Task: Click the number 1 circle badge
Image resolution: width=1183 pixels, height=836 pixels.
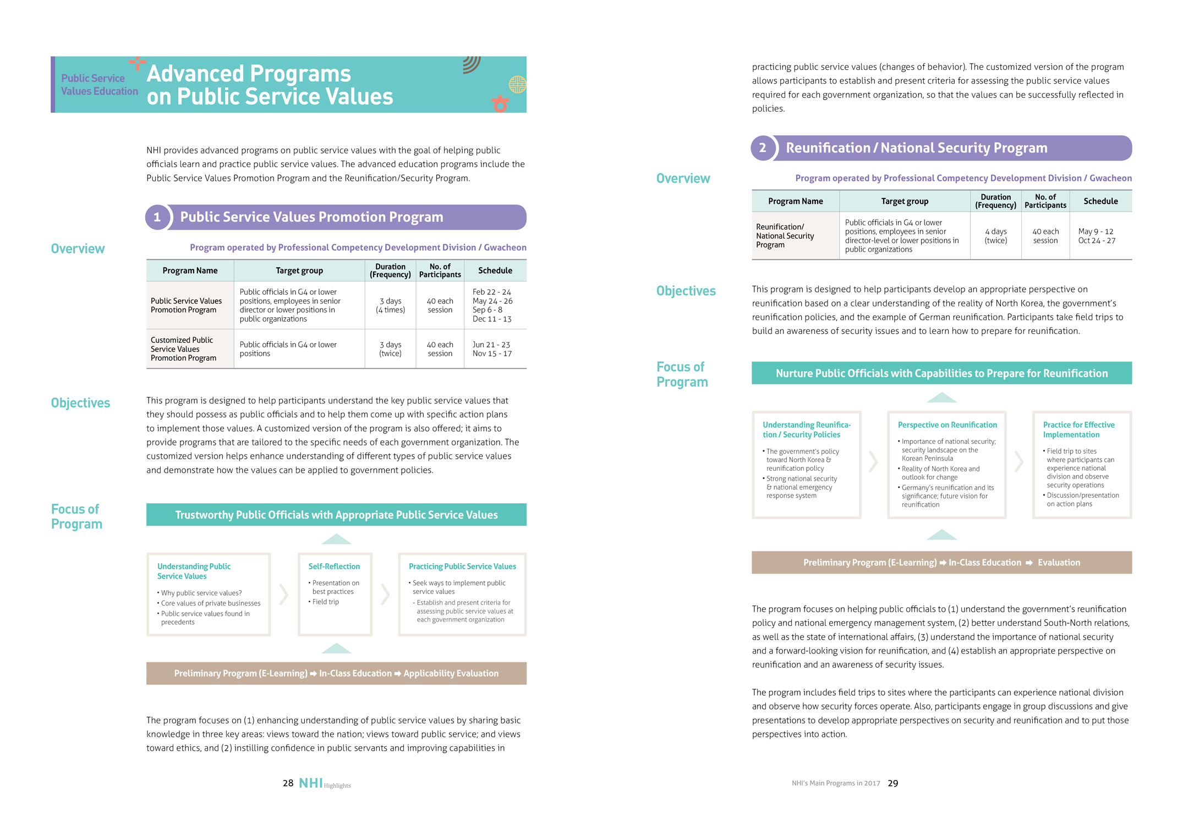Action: [157, 217]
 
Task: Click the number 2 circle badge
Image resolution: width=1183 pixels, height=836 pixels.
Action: [763, 148]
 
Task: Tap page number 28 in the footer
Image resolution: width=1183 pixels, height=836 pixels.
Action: [288, 783]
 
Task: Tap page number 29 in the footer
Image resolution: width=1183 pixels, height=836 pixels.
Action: [892, 783]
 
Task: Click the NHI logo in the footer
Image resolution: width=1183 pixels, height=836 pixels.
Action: [311, 783]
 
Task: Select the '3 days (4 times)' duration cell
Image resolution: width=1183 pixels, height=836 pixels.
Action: [390, 305]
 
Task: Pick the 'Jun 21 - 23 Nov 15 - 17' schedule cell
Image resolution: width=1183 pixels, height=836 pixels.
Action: [492, 349]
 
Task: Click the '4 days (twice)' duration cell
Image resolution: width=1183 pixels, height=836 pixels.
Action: [995, 236]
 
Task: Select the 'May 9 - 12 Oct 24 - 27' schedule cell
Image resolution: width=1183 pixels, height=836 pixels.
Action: [1097, 236]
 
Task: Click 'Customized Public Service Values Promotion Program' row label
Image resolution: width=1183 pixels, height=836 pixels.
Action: [184, 349]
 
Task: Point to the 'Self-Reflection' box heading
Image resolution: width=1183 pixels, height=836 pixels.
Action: [334, 566]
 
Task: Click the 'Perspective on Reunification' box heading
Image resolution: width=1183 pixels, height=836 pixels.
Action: [947, 425]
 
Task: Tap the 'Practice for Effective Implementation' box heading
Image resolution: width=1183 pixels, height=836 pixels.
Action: [1078, 430]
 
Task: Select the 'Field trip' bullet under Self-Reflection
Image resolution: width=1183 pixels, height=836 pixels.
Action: [325, 602]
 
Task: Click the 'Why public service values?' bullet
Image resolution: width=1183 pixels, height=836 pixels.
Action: [201, 593]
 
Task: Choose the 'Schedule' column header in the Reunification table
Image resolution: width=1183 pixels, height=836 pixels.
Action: [1100, 201]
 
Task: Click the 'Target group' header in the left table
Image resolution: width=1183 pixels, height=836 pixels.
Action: [299, 271]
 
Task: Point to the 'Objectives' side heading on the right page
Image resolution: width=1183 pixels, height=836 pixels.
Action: [686, 291]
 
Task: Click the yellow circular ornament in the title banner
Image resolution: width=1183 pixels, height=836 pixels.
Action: [518, 85]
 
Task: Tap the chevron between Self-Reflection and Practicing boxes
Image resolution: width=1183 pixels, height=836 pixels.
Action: [385, 594]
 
